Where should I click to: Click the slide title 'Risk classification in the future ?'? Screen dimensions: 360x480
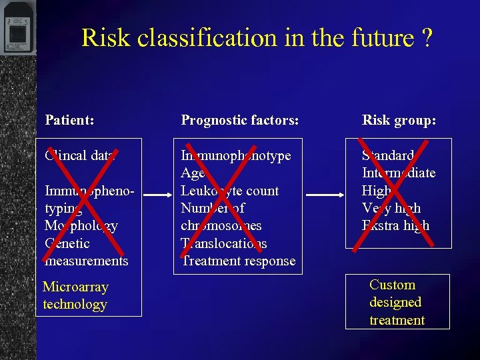(257, 37)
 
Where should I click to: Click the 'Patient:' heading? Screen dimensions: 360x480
(69, 121)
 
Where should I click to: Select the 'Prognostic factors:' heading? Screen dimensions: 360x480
(239, 121)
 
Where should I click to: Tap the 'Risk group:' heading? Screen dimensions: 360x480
(399, 121)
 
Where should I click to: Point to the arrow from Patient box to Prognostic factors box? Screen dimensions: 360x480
(157, 195)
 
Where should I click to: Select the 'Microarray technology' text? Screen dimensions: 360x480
(75, 296)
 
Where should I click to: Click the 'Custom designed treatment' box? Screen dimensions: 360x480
(397, 302)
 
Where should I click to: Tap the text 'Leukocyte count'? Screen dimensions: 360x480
(230, 191)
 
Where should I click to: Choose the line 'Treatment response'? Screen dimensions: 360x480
(238, 261)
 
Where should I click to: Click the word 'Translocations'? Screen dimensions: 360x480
(224, 243)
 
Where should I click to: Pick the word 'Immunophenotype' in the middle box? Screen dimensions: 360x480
(236, 155)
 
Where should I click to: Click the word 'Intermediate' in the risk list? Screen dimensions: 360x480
(399, 173)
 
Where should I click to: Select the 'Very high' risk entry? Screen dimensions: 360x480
(391, 208)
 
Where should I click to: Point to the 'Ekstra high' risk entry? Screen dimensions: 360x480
(395, 225)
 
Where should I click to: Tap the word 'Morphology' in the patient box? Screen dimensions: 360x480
(81, 225)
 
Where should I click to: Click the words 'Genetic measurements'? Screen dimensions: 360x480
(85, 252)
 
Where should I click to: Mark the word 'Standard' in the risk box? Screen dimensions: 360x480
(388, 155)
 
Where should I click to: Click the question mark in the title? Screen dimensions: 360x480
(427, 38)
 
